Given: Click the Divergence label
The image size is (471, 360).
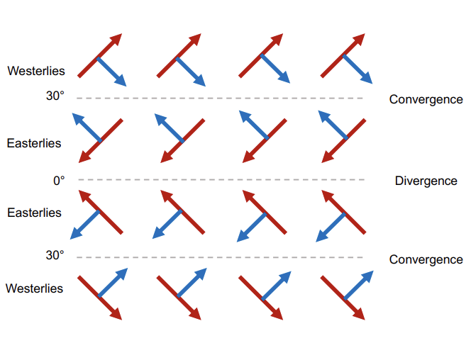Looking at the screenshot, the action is click(x=426, y=181).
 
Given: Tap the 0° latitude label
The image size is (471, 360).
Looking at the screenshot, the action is click(x=59, y=181).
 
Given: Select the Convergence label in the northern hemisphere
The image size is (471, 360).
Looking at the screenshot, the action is click(x=426, y=99).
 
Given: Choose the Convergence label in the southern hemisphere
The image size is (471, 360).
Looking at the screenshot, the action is click(x=426, y=260).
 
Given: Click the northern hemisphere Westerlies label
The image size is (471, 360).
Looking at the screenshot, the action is click(x=36, y=71).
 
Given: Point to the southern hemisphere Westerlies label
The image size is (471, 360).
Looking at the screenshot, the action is click(x=35, y=288).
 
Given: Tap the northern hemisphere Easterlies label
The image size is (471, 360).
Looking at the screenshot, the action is click(x=34, y=143).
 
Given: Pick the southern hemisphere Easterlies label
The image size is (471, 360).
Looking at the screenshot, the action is click(x=34, y=213).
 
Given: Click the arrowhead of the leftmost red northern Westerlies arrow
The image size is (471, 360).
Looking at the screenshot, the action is click(x=117, y=38).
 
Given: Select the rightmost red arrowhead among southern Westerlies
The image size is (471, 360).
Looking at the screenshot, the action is click(x=359, y=314).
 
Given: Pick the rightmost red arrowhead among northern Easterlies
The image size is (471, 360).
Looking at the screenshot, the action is click(x=327, y=157).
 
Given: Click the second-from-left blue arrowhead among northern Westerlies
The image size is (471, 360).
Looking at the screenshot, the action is click(x=200, y=80).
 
